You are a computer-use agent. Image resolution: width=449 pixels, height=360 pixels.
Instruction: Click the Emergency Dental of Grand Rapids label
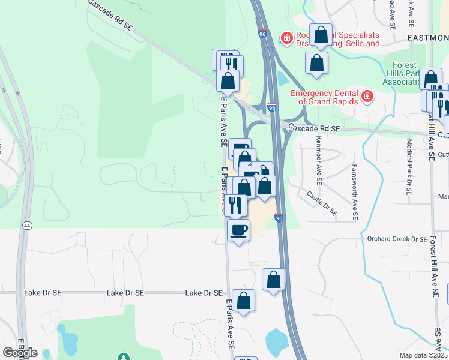pyautogui.click(x=325, y=97)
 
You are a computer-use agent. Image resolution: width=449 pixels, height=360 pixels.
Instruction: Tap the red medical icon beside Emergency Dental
pyautogui.click(x=367, y=96)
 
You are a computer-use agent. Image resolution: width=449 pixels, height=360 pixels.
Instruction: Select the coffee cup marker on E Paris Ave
pyautogui.click(x=238, y=230)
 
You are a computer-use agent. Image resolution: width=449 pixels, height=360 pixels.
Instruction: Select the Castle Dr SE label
pyautogui.click(x=322, y=203)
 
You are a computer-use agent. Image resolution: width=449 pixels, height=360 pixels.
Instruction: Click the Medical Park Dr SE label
pyautogui.click(x=409, y=167)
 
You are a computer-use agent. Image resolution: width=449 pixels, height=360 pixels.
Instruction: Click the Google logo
pyautogui.click(x=20, y=353)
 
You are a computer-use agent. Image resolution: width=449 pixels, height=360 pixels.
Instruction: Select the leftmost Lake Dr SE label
pyautogui.click(x=43, y=293)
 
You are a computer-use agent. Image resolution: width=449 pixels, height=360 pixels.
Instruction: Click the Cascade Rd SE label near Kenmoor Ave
pyautogui.click(x=313, y=128)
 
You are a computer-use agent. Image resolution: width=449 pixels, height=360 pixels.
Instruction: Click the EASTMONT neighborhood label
pyautogui.click(x=427, y=37)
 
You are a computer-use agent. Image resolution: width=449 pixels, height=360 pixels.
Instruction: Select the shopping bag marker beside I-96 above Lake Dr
pyautogui.click(x=273, y=280)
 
